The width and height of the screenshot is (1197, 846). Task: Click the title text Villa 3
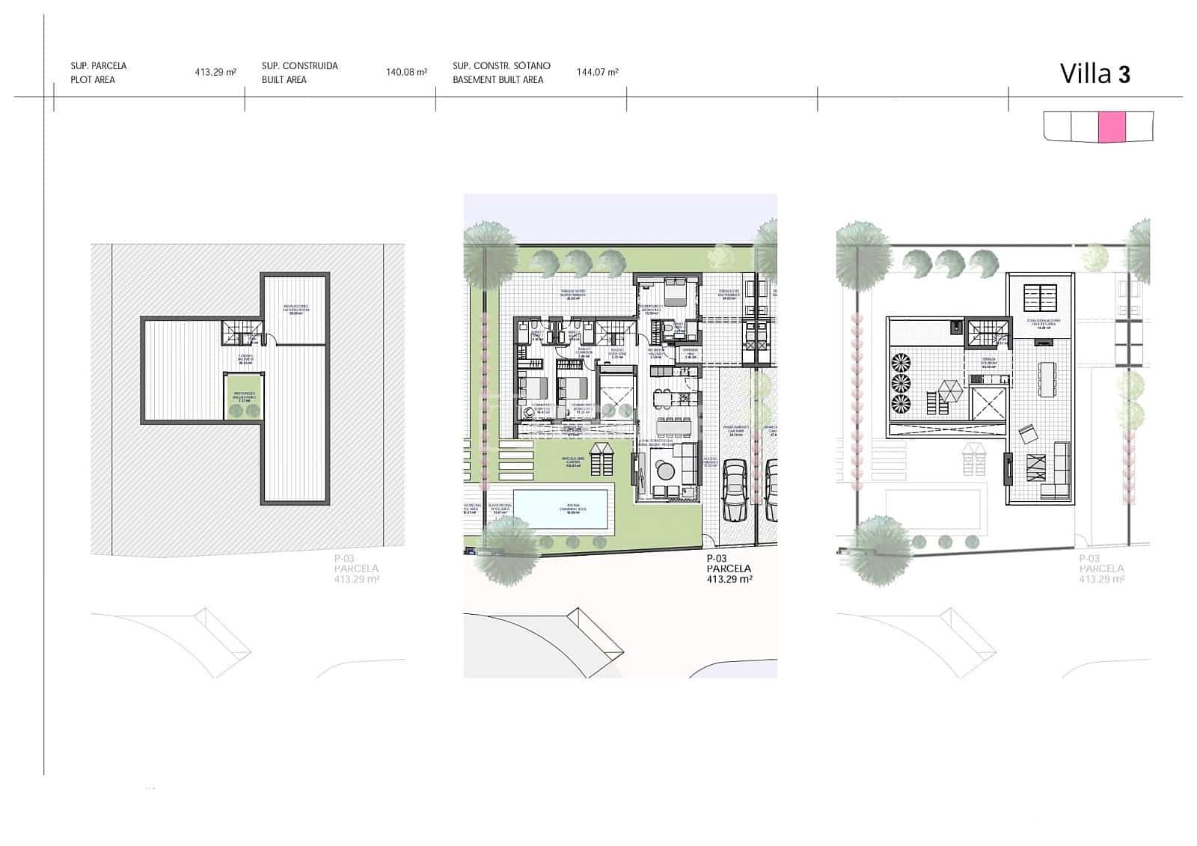coord(1095,74)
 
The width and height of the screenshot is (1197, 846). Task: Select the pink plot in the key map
coord(1112,126)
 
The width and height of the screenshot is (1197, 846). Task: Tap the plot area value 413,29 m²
coord(215,73)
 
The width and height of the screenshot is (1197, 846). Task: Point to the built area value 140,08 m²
coord(406,73)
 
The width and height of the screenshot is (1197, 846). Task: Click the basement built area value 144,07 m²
coord(597,73)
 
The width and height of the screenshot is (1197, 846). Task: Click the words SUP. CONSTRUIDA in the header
coord(299,66)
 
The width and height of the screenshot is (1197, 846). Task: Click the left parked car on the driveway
coord(734,489)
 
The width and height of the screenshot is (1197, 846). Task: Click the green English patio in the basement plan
coord(242,396)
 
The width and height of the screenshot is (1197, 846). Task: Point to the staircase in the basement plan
coord(241,332)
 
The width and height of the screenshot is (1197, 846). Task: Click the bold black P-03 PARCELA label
coord(728,568)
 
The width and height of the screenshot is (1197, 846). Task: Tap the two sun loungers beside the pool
coord(600,459)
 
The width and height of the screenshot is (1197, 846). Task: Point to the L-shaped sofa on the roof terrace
coord(1053,473)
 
